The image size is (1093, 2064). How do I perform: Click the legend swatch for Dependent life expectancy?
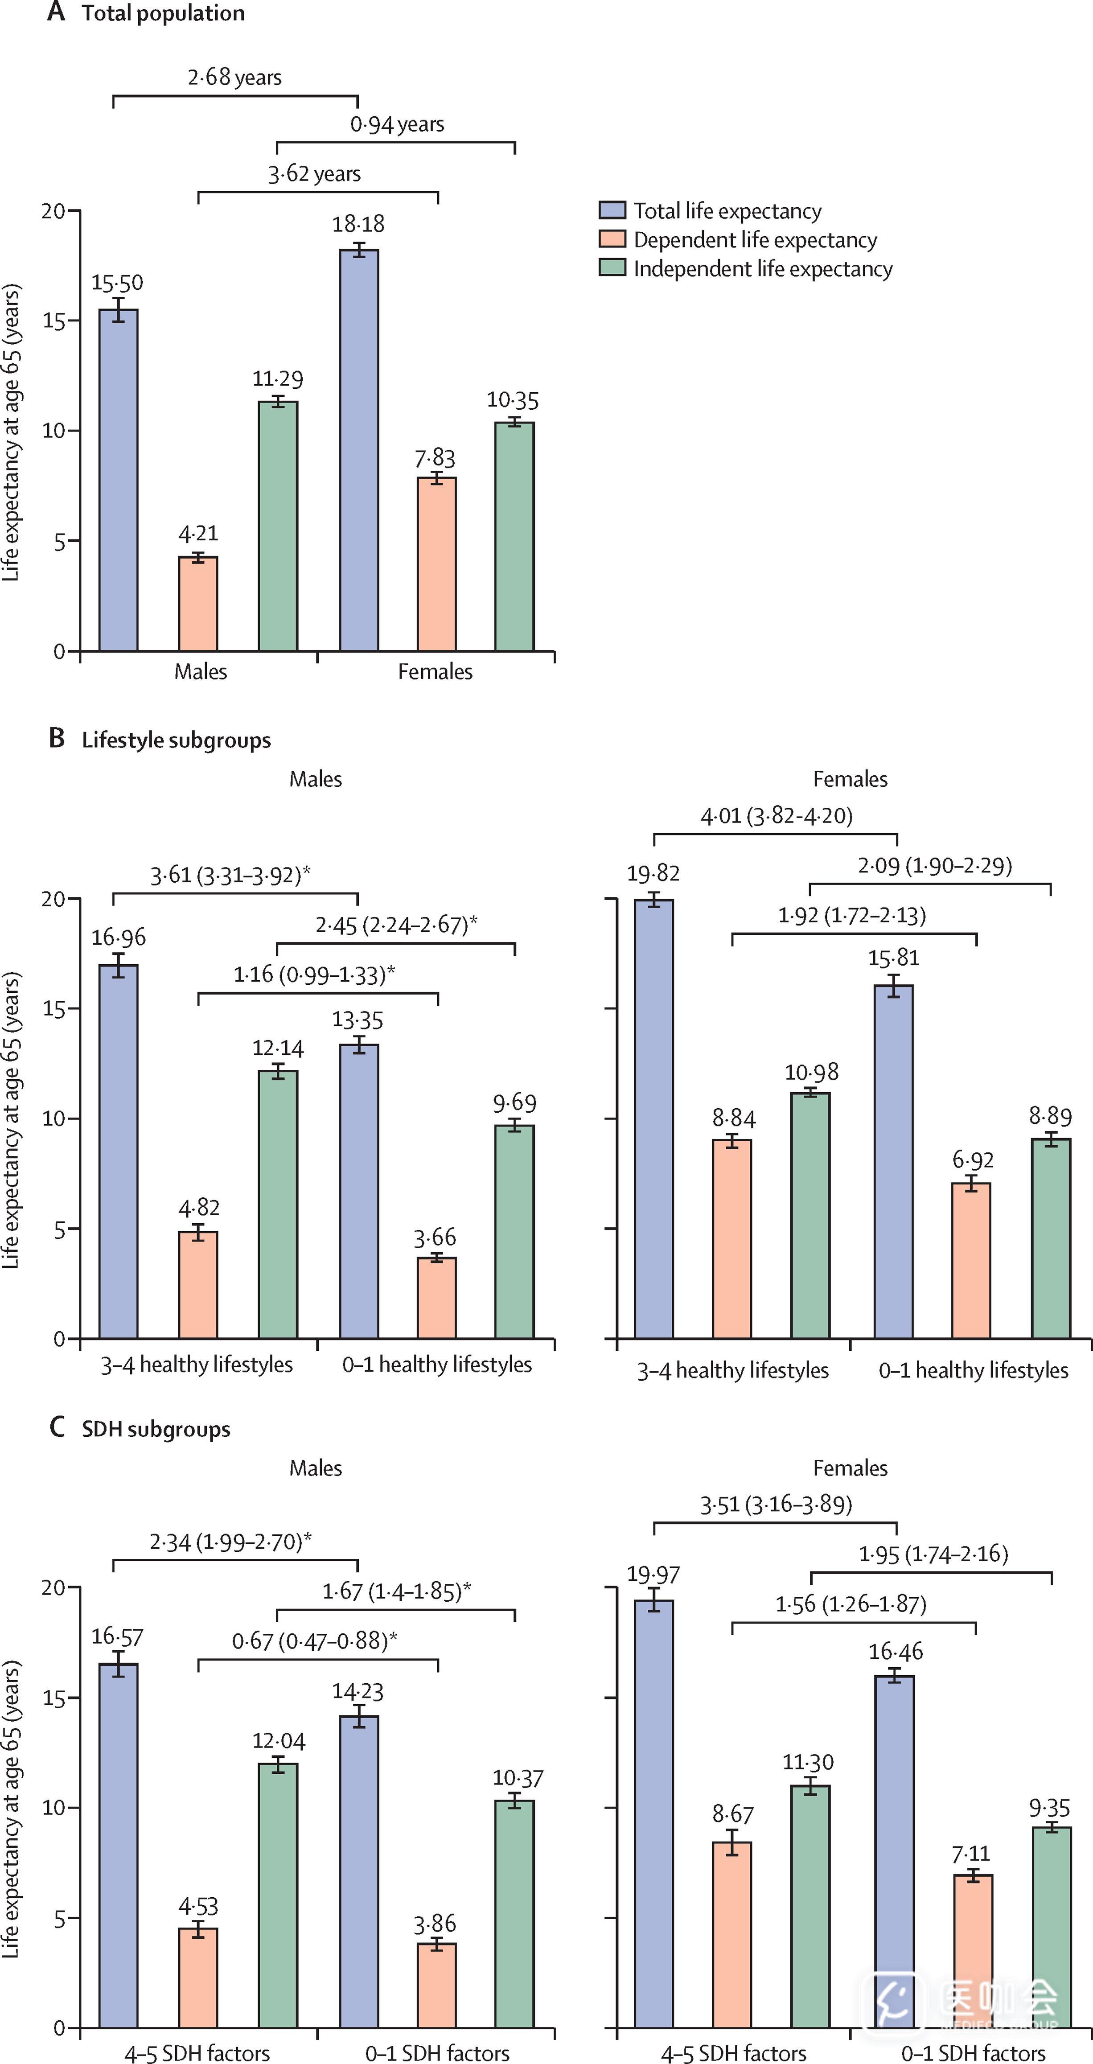point(612,239)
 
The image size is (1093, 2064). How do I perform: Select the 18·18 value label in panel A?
point(358,223)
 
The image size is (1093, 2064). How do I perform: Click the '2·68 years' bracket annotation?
point(235,78)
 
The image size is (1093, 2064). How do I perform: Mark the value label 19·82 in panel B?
point(653,873)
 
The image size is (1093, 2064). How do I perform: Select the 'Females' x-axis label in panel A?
point(435,671)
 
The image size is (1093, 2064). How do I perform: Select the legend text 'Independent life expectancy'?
point(763,268)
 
